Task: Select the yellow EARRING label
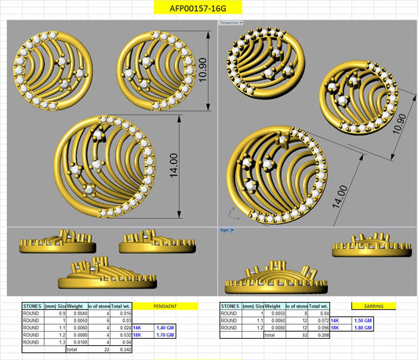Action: [x=373, y=305]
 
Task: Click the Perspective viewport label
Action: [x=230, y=24]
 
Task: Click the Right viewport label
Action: [x=225, y=231]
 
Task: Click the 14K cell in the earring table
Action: [x=335, y=320]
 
